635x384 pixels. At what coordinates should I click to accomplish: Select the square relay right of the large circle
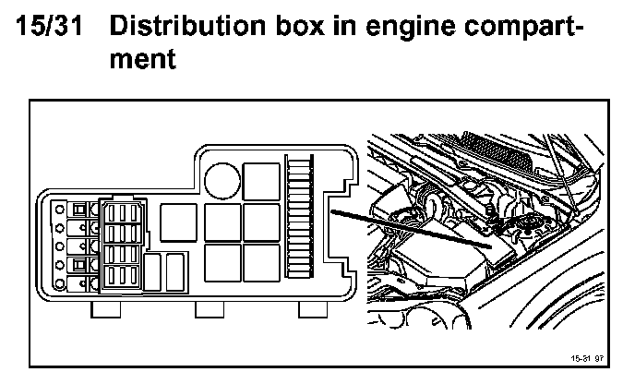pyautogui.click(x=262, y=180)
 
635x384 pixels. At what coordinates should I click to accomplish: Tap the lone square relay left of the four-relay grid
pyautogui.click(x=178, y=222)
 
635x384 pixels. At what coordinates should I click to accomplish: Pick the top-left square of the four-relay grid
pyautogui.click(x=222, y=222)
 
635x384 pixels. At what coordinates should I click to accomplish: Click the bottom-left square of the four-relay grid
pyautogui.click(x=222, y=262)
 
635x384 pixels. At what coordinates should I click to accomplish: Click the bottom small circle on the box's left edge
pyautogui.click(x=60, y=284)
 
